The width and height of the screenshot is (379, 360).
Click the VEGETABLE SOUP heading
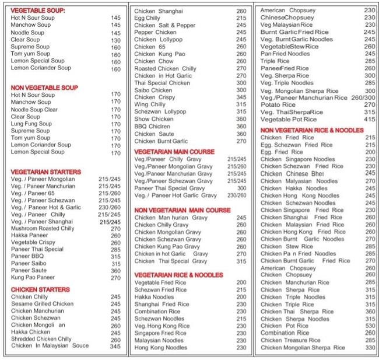38,11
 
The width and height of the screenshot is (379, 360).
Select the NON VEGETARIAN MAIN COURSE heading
183,210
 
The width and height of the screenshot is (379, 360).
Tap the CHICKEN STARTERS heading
40,289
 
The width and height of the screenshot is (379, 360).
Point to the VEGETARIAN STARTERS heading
45,172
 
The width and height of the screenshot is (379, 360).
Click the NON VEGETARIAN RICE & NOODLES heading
312,130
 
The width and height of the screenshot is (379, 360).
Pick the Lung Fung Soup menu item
31,124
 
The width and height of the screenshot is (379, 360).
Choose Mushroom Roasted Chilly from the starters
43,229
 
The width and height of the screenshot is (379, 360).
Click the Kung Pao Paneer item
33,278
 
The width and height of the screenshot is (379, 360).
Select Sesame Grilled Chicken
42,304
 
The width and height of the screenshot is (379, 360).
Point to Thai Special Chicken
162,83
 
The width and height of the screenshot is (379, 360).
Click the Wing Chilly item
150,104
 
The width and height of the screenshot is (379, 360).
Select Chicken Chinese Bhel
292,173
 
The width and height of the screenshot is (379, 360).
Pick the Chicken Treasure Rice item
290,340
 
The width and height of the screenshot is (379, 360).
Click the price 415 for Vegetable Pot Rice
370,120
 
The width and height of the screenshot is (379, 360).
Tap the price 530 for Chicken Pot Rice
370,326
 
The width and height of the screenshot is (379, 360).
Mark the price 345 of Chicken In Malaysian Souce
115,346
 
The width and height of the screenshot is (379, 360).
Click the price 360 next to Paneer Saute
115,271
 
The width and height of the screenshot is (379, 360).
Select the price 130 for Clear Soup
115,40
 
